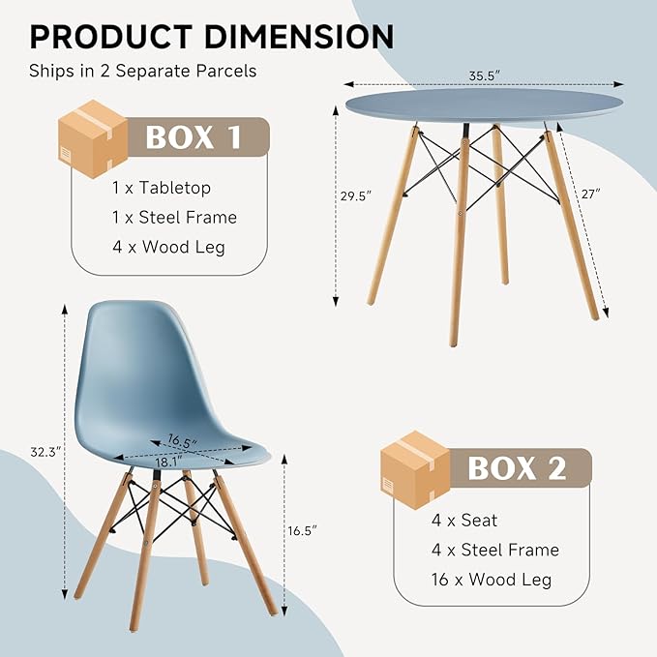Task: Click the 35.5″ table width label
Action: pos(485,75)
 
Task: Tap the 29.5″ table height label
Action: pos(356,195)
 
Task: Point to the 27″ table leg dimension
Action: pos(591,194)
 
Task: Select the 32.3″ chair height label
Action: pos(45,452)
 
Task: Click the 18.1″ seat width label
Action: pos(169,462)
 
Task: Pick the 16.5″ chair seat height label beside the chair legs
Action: pos(302,530)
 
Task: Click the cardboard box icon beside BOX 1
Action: pos(93,139)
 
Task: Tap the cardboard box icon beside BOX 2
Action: pos(415,469)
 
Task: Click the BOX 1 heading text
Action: pos(194,137)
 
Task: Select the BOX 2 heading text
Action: pos(517,468)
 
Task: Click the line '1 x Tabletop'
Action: pos(162,188)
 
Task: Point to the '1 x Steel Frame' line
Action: pos(174,217)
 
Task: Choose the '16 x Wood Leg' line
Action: pos(492,580)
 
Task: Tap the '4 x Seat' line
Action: pos(464,520)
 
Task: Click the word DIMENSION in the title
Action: pos(299,37)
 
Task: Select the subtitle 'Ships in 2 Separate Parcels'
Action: pos(143,71)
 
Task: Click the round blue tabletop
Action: pos(484,105)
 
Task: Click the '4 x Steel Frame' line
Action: pos(495,550)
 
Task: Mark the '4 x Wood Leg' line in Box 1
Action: pos(168,247)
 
